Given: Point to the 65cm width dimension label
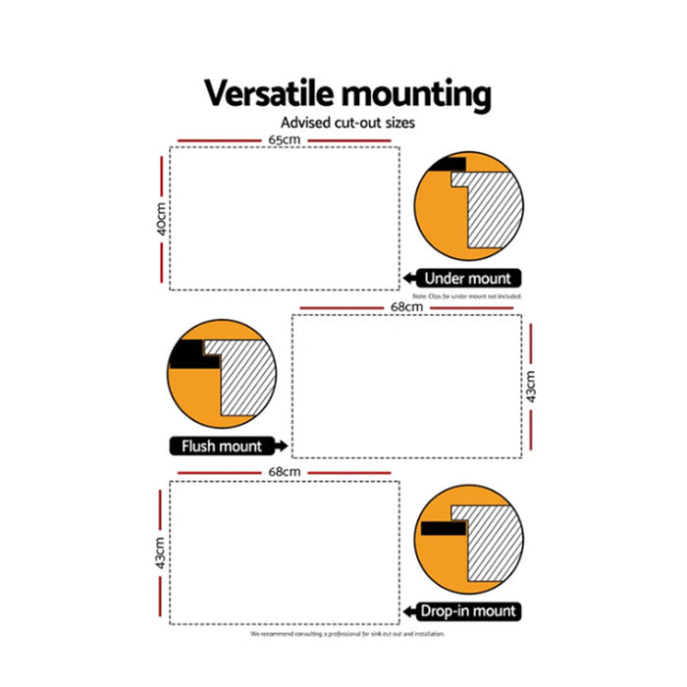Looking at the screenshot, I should coord(284,140).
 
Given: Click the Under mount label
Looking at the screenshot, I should coord(468,279).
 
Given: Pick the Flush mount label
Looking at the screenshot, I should coord(222,447).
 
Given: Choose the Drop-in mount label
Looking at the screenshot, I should coord(468,611).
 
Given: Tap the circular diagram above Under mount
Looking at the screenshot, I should coord(467,205).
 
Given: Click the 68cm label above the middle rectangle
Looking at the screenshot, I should coord(405,308).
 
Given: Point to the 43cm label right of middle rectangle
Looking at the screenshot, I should coord(531,386).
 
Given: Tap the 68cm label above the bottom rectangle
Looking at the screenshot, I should coord(284,473).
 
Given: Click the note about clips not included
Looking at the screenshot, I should coord(467,295).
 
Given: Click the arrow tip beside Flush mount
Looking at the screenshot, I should coord(285,447).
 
